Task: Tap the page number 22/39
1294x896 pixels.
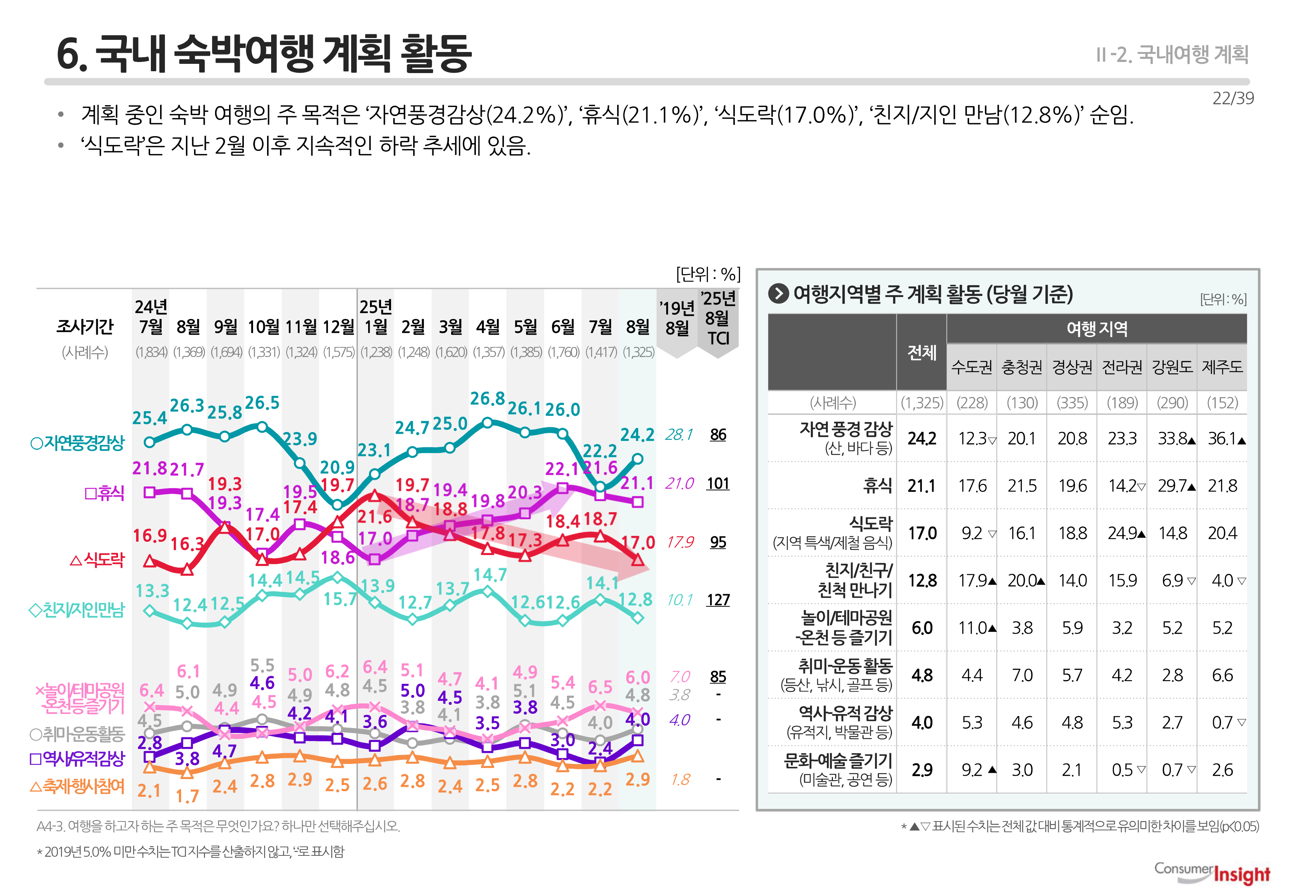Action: point(1232,98)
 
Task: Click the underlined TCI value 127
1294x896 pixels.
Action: point(718,600)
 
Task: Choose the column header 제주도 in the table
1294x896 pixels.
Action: point(1222,367)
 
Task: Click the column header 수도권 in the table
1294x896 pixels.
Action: point(972,367)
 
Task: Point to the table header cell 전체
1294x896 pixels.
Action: point(922,352)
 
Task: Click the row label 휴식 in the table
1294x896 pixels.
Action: point(877,486)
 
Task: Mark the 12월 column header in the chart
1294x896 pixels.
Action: point(338,327)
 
